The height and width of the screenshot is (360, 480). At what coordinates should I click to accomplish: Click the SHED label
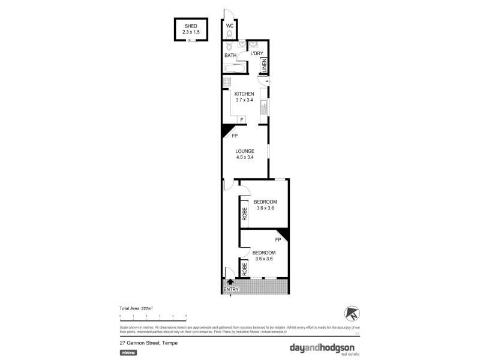click(x=191, y=26)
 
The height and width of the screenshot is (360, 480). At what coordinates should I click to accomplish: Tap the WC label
click(x=230, y=26)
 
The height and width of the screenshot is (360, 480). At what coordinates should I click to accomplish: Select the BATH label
click(x=230, y=55)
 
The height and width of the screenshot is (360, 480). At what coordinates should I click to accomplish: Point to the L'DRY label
click(x=257, y=54)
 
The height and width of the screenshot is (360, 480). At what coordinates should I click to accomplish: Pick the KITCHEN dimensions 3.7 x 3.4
click(x=244, y=100)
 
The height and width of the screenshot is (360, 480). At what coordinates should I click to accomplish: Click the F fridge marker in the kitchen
click(x=241, y=120)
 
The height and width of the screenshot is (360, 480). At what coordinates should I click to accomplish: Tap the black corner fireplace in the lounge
click(x=226, y=130)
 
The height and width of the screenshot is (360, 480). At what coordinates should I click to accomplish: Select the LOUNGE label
click(x=245, y=151)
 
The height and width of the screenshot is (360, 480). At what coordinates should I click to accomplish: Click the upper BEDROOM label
click(x=265, y=201)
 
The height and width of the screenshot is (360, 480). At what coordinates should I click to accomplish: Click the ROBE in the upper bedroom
click(x=244, y=213)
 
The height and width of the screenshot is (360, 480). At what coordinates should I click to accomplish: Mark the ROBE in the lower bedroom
click(x=245, y=268)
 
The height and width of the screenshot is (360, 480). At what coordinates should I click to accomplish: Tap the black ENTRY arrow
click(x=230, y=281)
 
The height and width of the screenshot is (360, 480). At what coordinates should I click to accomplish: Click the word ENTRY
click(x=230, y=290)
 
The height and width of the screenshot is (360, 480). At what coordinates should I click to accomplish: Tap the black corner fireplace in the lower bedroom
click(x=284, y=235)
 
